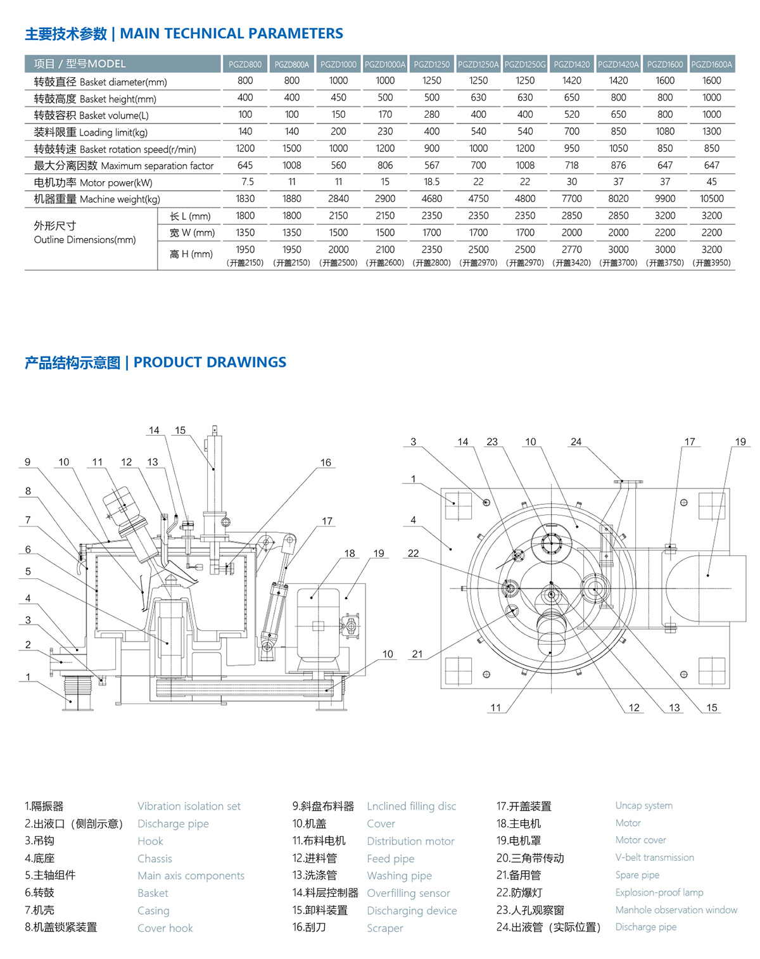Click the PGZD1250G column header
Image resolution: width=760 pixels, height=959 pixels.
click(524, 64)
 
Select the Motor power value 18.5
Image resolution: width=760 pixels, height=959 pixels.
click(431, 182)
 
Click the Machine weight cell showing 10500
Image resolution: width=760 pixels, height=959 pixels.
click(711, 198)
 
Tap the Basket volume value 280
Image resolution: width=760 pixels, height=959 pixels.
click(431, 115)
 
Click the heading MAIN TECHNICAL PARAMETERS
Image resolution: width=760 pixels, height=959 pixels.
click(231, 34)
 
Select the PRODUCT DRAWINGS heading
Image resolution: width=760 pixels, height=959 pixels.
click(209, 362)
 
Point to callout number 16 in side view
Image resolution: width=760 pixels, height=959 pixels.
click(326, 462)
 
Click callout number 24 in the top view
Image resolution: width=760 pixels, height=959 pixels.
click(576, 441)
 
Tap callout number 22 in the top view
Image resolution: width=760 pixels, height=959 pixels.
click(413, 553)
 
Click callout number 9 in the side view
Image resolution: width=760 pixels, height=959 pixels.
click(27, 462)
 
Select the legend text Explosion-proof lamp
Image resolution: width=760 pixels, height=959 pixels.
click(659, 892)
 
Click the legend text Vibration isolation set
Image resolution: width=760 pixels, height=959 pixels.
click(189, 806)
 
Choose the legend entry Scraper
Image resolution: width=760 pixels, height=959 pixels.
click(384, 928)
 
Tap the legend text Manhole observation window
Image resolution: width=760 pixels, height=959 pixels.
click(676, 910)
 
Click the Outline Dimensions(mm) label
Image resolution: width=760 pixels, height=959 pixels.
click(84, 239)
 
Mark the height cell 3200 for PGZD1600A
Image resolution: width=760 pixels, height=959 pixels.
click(711, 250)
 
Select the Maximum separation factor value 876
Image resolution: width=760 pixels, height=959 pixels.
click(618, 165)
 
